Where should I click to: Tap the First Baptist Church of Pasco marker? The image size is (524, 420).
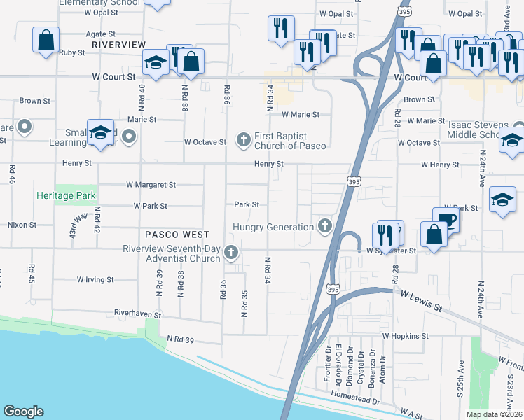point(244,140)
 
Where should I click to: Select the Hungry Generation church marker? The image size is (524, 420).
point(324,226)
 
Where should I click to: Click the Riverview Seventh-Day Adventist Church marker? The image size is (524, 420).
point(230,252)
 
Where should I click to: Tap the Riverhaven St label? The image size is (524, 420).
point(138,316)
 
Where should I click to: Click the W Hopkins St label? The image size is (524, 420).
point(405,336)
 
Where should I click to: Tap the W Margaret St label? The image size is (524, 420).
point(151,185)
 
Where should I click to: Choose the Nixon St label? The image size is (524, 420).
point(22,225)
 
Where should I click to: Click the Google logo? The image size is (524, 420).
point(23,412)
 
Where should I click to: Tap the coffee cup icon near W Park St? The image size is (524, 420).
point(446,220)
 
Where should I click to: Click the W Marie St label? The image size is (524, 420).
point(301,114)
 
